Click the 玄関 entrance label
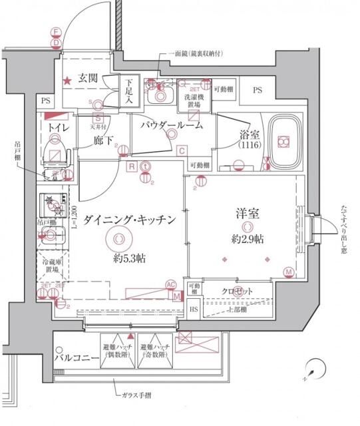87,79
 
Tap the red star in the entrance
67,81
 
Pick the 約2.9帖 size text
247,238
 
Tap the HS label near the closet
194,310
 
